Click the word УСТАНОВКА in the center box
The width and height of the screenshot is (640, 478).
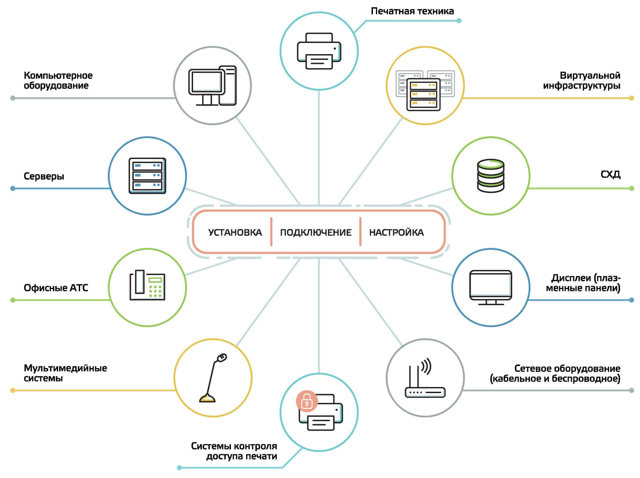click(x=235, y=232)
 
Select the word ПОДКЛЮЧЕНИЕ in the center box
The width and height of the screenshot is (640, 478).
click(x=316, y=232)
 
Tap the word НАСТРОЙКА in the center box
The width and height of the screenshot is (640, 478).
click(x=396, y=232)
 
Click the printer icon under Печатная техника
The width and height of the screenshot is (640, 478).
click(x=319, y=51)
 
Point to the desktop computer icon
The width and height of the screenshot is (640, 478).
click(x=212, y=86)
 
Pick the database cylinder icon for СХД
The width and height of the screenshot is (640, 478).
click(x=491, y=176)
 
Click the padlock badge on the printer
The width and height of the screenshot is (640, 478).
click(x=307, y=401)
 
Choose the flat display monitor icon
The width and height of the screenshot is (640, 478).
click(x=491, y=287)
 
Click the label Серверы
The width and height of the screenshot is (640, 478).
click(x=44, y=176)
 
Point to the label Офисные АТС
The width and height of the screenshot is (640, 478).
click(x=56, y=288)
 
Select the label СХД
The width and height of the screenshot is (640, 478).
click(x=610, y=175)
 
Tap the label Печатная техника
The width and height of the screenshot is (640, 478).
click(x=412, y=11)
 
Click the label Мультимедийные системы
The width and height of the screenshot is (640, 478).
click(x=65, y=373)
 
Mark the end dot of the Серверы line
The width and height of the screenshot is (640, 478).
click(x=13, y=188)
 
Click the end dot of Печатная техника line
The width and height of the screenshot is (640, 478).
click(x=459, y=21)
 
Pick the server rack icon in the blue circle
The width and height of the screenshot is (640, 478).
click(x=147, y=176)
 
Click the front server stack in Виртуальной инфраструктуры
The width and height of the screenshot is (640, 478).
click(x=424, y=94)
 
